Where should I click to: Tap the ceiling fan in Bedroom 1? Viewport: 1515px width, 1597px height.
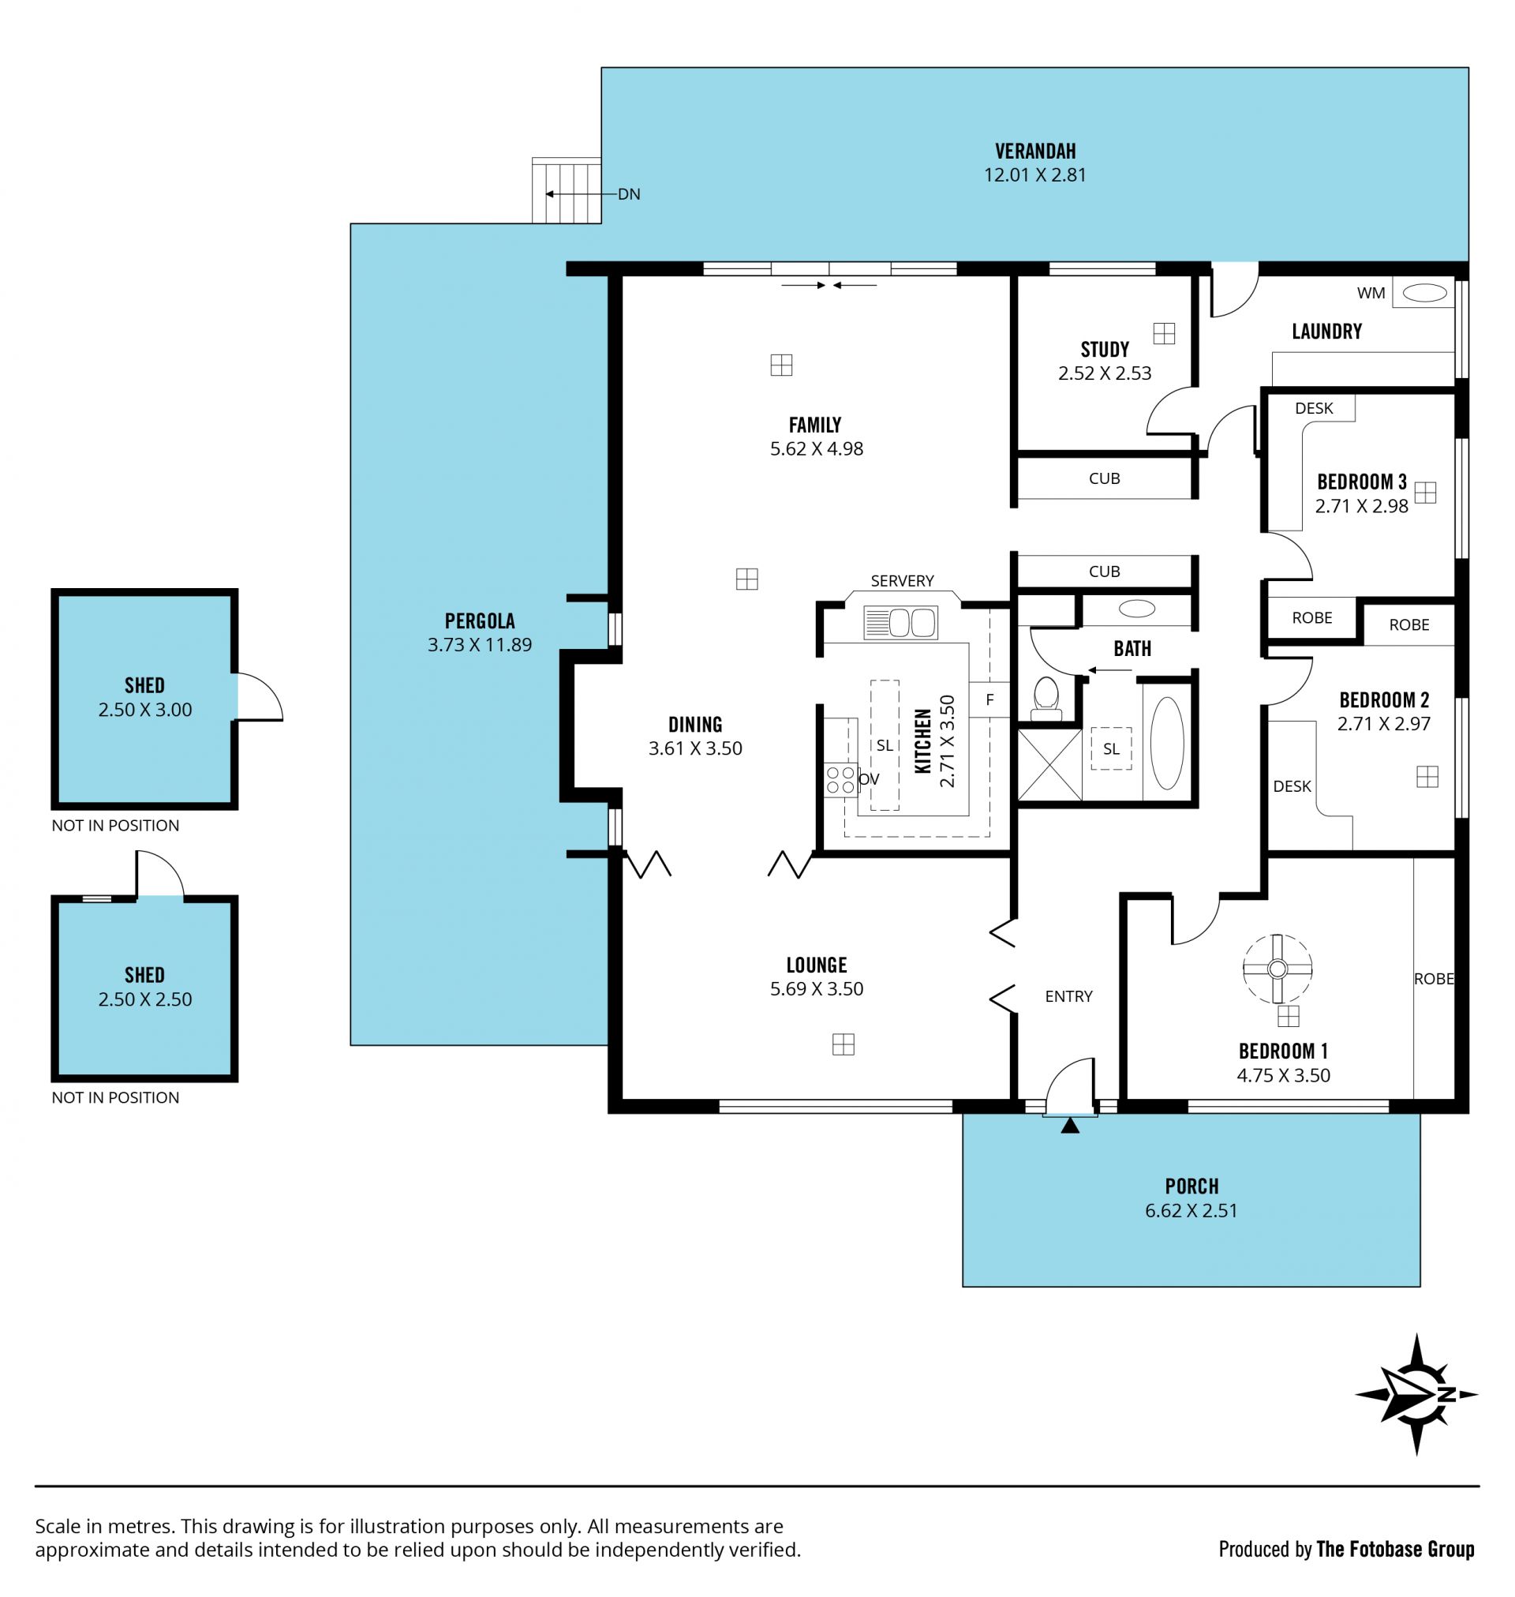point(1277,969)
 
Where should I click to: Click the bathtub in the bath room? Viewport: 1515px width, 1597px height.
point(1167,743)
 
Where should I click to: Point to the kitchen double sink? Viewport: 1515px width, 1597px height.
point(900,623)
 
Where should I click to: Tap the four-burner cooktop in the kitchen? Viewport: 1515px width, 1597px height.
point(840,779)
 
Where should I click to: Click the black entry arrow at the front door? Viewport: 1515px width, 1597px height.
point(1070,1125)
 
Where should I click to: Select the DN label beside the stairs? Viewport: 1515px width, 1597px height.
point(629,194)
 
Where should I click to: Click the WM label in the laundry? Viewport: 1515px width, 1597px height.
point(1371,293)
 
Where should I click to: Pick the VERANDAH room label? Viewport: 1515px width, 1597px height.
point(1035,151)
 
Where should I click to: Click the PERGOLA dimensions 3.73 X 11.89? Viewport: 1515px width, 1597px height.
point(480,645)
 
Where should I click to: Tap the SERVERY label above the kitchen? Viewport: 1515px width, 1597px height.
point(902,581)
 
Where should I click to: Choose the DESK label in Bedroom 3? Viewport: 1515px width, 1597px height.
point(1314,408)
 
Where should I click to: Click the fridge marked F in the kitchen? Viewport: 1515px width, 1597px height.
point(989,699)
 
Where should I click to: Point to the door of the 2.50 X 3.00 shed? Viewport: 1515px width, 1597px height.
point(260,696)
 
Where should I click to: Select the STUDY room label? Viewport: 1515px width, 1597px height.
point(1105,350)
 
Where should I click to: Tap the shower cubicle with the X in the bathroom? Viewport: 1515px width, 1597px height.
point(1049,765)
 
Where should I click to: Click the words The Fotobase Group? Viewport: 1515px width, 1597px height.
point(1395,1549)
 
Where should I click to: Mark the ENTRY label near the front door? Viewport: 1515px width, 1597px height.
point(1068,997)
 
